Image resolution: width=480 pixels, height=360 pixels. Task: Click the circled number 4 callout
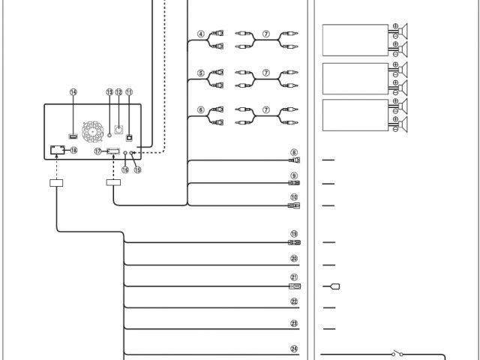(201, 33)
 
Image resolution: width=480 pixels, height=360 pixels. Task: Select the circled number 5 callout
(201, 73)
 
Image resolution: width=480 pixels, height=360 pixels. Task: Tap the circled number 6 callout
(201, 109)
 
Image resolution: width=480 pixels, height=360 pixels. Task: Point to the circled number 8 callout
(295, 152)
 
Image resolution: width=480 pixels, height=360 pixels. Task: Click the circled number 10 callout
(295, 197)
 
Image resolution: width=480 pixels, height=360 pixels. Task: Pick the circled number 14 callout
(73, 92)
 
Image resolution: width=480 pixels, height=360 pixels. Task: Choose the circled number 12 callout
(118, 92)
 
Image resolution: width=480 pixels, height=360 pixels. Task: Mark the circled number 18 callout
(73, 150)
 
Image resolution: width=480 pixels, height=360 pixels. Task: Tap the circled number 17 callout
(97, 151)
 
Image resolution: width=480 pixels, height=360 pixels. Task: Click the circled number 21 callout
(295, 277)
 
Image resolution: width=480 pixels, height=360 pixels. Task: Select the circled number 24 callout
(295, 347)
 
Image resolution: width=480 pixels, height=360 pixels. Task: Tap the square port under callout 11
(130, 137)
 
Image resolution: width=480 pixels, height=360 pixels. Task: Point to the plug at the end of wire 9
(295, 183)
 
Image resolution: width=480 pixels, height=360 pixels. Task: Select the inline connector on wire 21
(295, 286)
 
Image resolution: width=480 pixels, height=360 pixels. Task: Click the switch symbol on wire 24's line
(397, 353)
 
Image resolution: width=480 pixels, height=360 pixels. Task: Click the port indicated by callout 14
(73, 136)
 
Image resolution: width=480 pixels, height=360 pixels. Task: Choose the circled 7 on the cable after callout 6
(265, 109)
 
